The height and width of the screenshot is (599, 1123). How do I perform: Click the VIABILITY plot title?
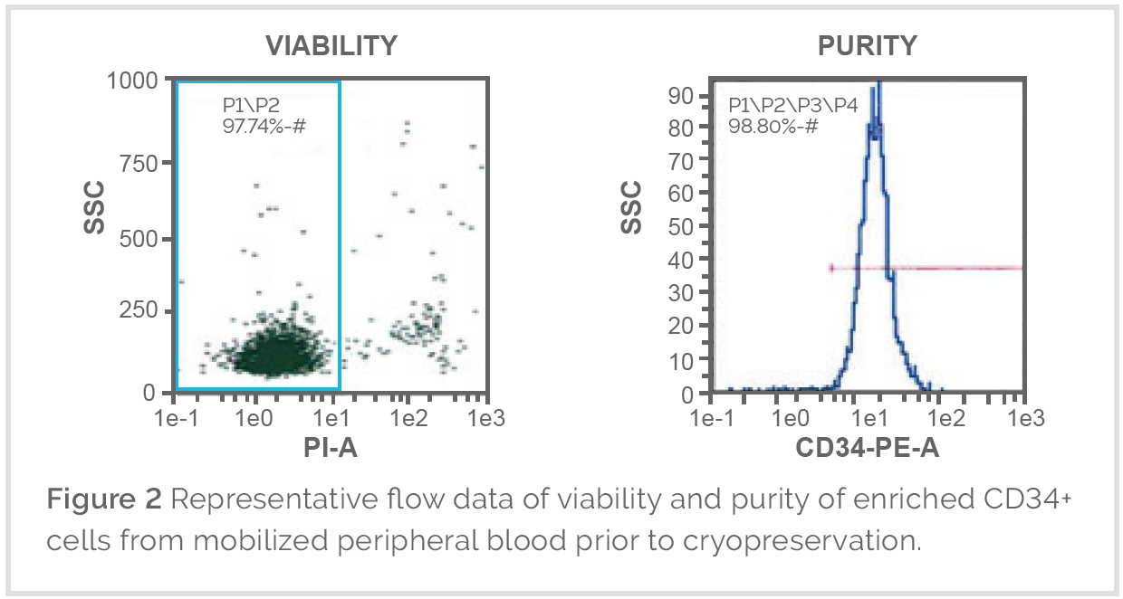pos(331,45)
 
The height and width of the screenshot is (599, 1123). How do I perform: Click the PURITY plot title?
pos(867,45)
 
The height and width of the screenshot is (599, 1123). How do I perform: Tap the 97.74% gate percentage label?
pos(264,126)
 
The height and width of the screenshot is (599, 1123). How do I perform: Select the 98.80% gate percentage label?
pos(773,126)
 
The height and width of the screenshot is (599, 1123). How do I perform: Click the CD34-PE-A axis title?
pos(867,447)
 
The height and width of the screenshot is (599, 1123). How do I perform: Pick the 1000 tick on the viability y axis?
pos(132,81)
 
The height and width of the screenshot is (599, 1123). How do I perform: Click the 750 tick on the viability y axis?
pos(140,163)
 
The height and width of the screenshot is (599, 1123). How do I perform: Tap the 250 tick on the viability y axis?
pos(140,311)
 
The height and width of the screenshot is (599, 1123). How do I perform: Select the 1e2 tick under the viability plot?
pos(409,419)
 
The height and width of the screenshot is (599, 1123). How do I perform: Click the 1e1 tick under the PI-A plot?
pos(331,419)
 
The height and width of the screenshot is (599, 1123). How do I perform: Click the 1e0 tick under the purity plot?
pos(791,419)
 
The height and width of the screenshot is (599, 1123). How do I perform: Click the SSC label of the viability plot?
pos(94,207)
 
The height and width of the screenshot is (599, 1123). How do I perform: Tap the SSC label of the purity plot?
pos(631,207)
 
